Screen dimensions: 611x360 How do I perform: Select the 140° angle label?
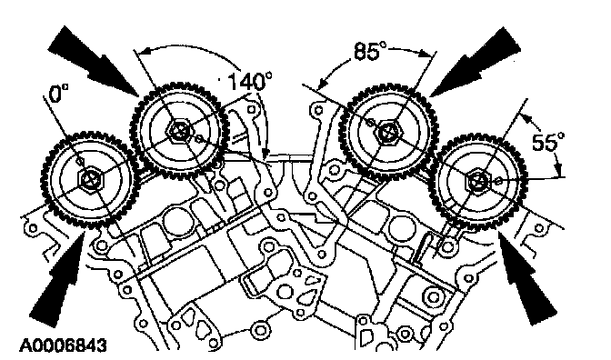click(249, 82)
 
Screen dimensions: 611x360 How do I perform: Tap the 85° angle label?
click(370, 51)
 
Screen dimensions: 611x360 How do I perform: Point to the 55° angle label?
click(548, 142)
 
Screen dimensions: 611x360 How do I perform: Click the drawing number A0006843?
click(63, 345)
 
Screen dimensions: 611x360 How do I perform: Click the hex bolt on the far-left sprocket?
click(89, 180)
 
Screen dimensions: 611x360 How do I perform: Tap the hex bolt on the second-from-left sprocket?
click(179, 130)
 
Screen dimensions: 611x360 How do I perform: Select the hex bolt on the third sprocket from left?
click(387, 134)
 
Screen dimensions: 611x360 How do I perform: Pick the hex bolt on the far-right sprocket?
click(478, 181)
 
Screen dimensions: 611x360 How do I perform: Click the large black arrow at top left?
click(94, 61)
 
